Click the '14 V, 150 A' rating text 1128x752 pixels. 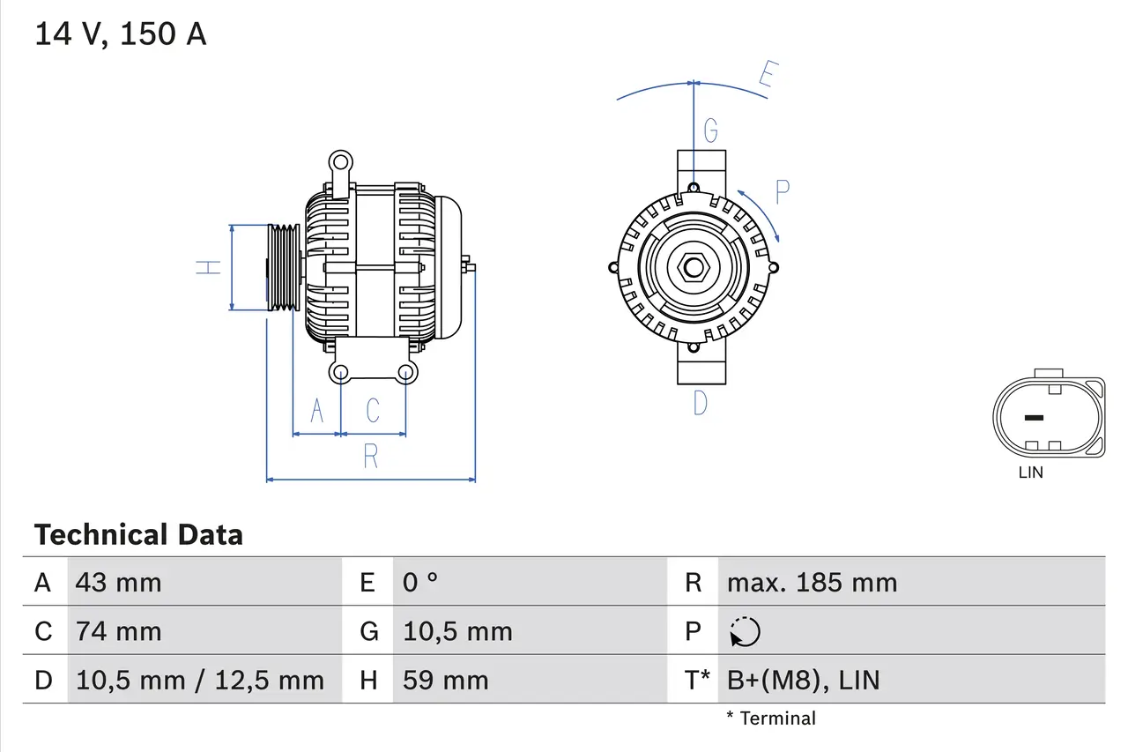click(x=120, y=34)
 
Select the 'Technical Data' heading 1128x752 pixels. click(x=138, y=535)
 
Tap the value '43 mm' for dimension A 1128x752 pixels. click(x=119, y=583)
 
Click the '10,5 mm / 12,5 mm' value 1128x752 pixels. click(x=200, y=681)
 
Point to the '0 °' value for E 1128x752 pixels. click(x=420, y=583)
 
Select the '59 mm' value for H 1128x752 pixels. click(x=445, y=681)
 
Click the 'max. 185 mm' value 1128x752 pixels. click(x=812, y=583)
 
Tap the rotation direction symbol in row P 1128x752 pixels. click(x=745, y=631)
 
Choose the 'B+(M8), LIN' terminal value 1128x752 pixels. click(x=803, y=681)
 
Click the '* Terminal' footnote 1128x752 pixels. click(x=771, y=718)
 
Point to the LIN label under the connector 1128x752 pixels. click(x=1030, y=473)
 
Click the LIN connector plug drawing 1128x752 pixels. click(x=1048, y=417)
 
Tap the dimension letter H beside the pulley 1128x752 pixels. click(x=208, y=267)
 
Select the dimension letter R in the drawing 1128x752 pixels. click(x=371, y=457)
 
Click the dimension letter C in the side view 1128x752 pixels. click(x=373, y=411)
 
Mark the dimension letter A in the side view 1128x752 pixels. click(x=317, y=411)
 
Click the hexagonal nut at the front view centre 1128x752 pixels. click(x=694, y=267)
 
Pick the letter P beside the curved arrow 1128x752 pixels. click(x=782, y=191)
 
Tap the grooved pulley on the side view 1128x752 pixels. click(x=284, y=267)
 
